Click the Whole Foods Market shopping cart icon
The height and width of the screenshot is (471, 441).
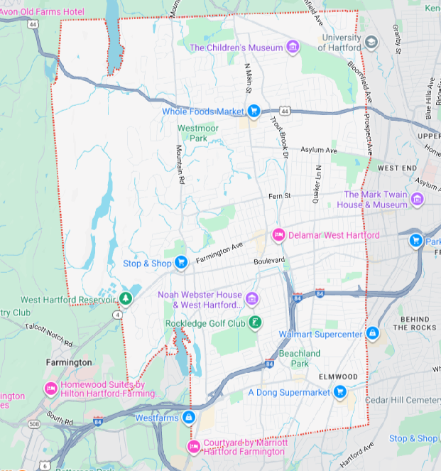point(254,111)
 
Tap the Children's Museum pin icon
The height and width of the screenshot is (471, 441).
point(293,48)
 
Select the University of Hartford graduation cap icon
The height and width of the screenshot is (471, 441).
point(371,43)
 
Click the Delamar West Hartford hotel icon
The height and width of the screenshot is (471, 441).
point(278,235)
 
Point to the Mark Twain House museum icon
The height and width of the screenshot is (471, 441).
point(417,199)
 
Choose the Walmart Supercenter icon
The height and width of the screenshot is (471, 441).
point(372,333)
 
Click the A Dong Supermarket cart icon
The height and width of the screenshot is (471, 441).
point(339,391)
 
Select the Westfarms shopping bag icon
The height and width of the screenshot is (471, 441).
point(188,418)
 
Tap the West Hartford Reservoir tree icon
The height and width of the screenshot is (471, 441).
point(126,299)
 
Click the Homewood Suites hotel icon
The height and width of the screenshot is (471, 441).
point(50,389)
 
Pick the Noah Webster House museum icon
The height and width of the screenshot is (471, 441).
point(251,296)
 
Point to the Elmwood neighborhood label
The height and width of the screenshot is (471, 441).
point(337,376)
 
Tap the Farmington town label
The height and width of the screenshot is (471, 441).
point(68,362)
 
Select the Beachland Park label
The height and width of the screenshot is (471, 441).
point(299,358)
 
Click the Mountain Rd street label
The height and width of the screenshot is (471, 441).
point(180,166)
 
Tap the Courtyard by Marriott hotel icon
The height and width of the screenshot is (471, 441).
point(193,446)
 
